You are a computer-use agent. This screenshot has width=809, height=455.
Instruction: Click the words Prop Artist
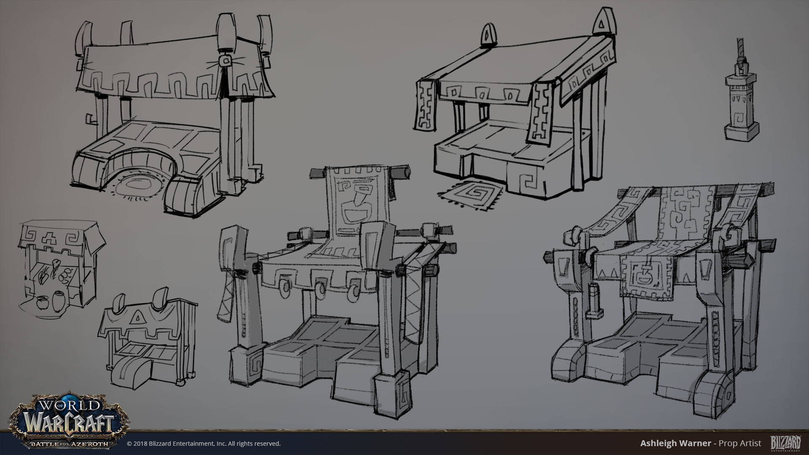740,443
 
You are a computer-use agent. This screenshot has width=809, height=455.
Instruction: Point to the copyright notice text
204,443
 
